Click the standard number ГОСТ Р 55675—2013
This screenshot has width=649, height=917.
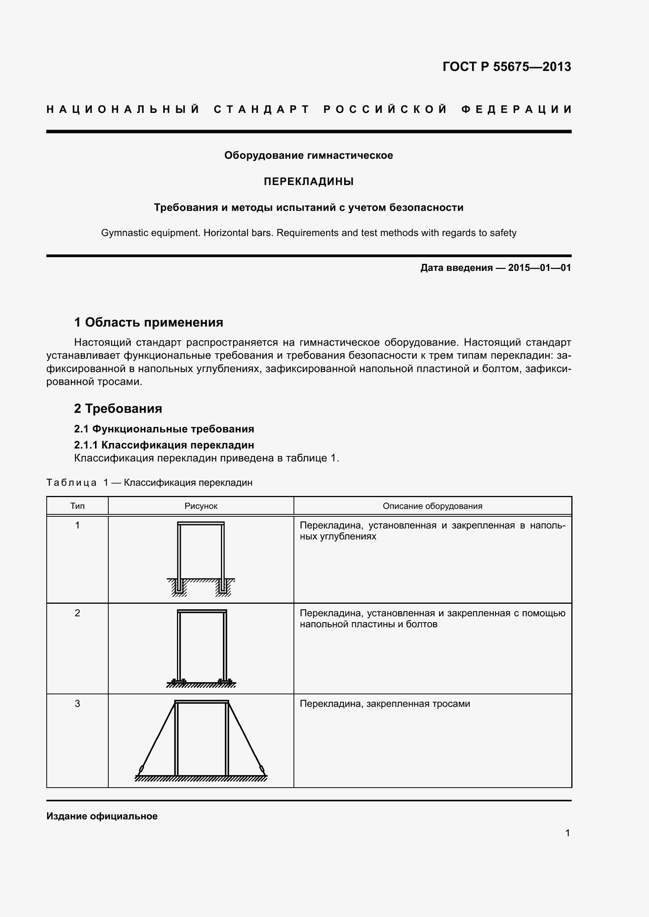click(506, 67)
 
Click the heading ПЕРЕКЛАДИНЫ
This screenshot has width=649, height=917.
click(308, 182)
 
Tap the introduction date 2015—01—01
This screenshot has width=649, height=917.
click(539, 268)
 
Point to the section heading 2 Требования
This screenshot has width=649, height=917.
click(118, 408)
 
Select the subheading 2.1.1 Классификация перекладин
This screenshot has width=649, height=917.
click(164, 445)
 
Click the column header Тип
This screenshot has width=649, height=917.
click(77, 506)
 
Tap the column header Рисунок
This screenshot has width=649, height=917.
click(201, 506)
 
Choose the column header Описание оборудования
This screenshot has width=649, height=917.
click(432, 506)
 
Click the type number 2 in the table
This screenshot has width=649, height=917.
click(77, 613)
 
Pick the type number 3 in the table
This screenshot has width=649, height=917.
click(77, 704)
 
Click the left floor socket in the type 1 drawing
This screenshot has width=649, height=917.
click(179, 587)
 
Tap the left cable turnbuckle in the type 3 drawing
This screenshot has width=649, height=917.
click(141, 769)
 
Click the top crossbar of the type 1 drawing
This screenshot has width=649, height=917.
click(201, 524)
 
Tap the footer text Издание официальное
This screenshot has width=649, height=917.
click(102, 816)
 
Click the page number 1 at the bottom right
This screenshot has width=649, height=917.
click(567, 833)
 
